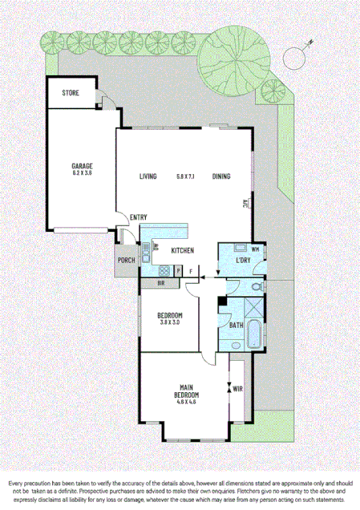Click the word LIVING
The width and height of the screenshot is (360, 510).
click(148, 176)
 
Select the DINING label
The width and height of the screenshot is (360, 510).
click(222, 176)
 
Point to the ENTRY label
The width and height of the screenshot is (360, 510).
click(138, 217)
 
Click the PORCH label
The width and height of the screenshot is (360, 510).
click(126, 261)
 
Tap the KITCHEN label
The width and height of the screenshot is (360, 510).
click(183, 252)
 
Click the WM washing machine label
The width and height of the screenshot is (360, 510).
click(255, 249)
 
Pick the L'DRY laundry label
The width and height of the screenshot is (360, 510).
click(243, 261)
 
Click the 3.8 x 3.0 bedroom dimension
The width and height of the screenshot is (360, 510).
click(170, 322)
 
